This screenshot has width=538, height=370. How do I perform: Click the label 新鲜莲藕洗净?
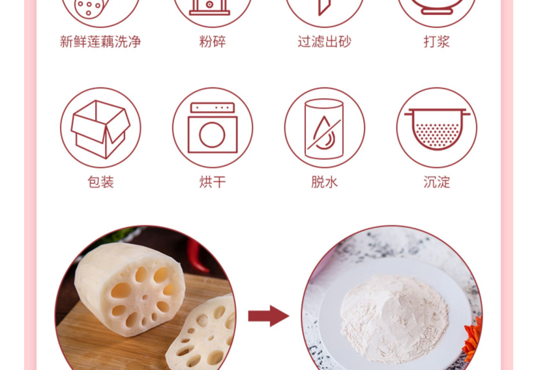[x=100, y=42]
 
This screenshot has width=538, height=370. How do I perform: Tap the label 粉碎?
[x=213, y=42]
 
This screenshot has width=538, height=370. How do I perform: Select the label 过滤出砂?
[x=325, y=42]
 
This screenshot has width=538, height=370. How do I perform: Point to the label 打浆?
[x=436, y=42]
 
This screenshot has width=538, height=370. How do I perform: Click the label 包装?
[x=100, y=182]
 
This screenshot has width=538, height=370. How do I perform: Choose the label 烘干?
[x=213, y=182]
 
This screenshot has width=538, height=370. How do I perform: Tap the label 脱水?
[x=325, y=182]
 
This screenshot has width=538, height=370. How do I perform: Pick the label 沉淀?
[x=436, y=182]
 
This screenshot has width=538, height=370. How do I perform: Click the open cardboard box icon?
[x=100, y=129]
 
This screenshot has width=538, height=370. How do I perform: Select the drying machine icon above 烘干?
[x=213, y=128]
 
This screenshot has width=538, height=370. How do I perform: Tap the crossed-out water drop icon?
[x=324, y=129]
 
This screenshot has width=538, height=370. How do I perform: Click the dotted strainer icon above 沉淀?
[x=437, y=129]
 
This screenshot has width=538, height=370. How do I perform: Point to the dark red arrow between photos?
[x=268, y=315]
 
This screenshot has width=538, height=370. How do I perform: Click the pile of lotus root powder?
[x=395, y=317]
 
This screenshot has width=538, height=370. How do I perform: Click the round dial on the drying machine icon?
[x=212, y=135]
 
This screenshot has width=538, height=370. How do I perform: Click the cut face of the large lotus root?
[x=144, y=296]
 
